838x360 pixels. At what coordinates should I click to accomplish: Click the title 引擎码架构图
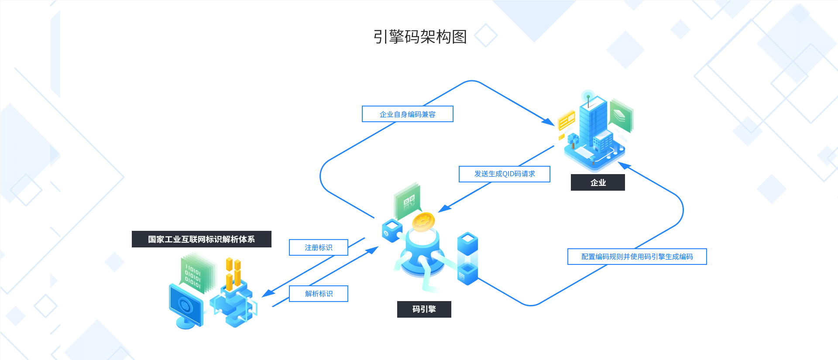(420, 37)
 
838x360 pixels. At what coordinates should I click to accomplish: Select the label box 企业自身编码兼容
(407, 114)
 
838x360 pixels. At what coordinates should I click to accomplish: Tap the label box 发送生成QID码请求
(504, 174)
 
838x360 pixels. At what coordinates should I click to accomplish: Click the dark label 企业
(598, 182)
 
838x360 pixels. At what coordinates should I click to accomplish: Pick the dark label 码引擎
(424, 309)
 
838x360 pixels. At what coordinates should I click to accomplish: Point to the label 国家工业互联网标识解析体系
(201, 239)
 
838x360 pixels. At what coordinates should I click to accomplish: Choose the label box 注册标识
(318, 247)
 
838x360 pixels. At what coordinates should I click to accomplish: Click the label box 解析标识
(318, 294)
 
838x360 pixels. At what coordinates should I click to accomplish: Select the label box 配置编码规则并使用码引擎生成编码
(637, 257)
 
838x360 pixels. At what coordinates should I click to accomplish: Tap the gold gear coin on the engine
(423, 222)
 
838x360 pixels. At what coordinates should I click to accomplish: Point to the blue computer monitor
(186, 305)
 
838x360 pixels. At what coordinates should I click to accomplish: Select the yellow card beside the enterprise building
(567, 120)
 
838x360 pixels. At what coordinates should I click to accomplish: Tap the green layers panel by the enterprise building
(621, 115)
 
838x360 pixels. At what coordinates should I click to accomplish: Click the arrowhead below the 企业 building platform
(624, 165)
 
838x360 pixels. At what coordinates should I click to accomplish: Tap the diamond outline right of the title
(486, 35)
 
